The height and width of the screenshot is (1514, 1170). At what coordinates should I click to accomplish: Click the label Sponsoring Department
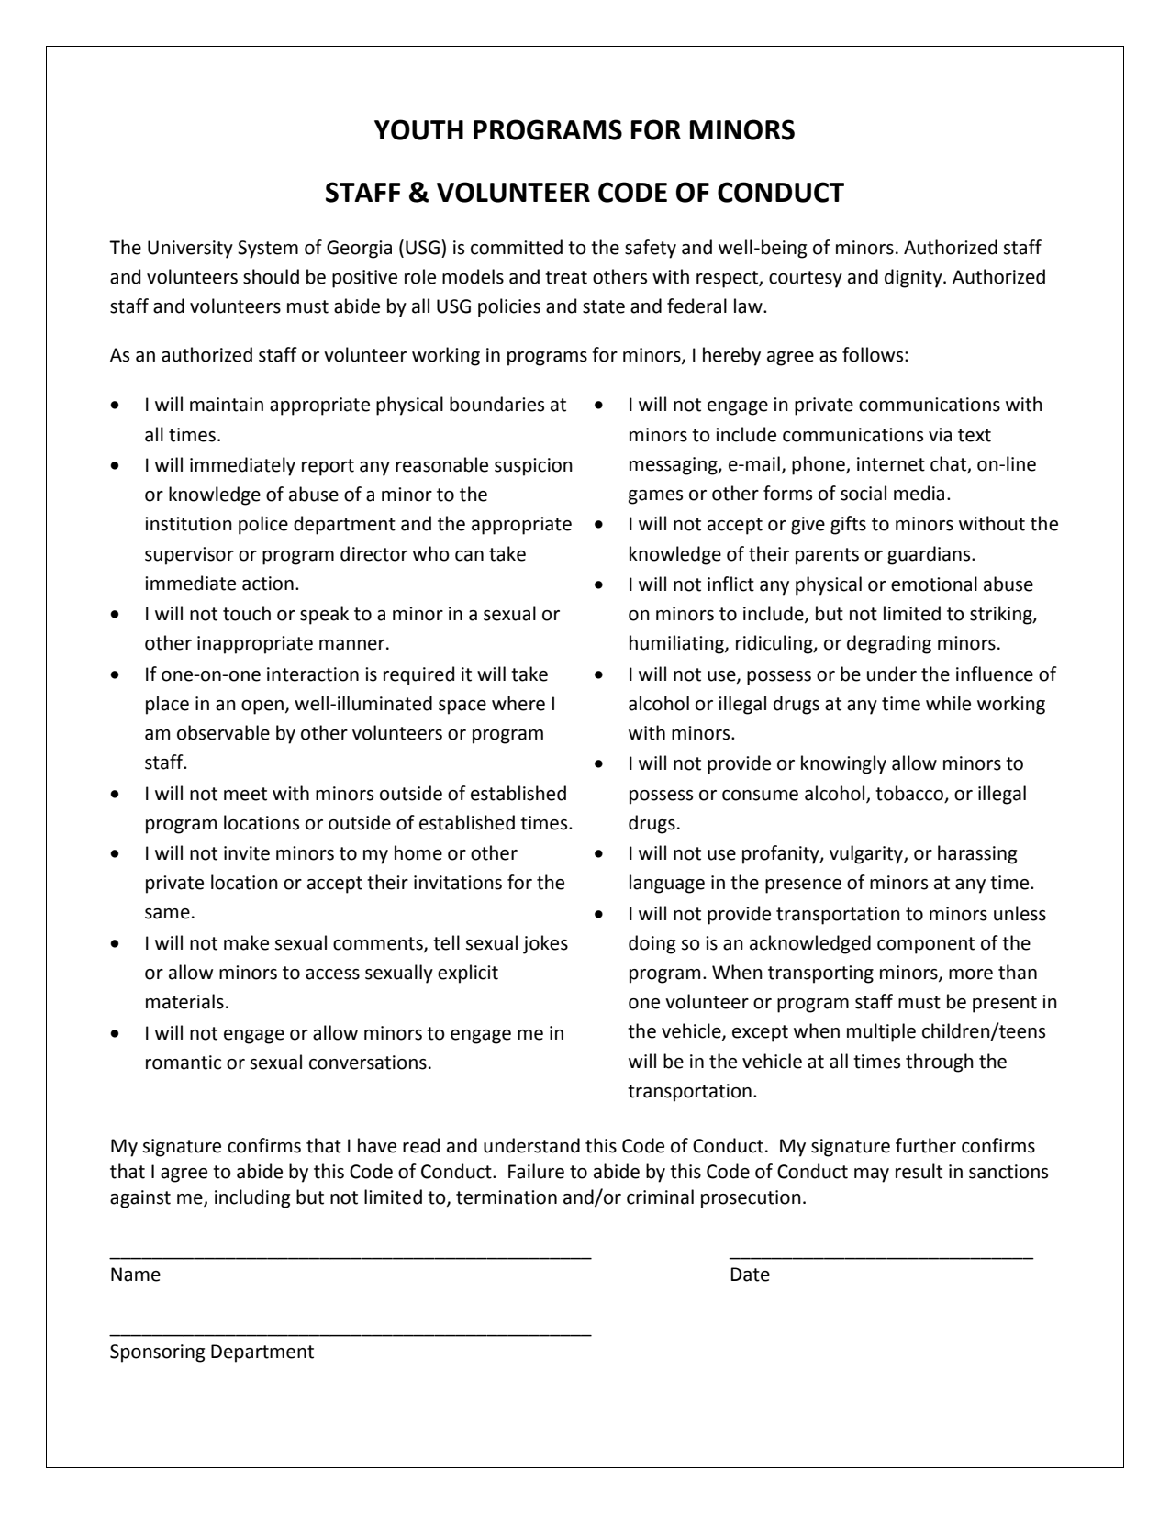[212, 1352]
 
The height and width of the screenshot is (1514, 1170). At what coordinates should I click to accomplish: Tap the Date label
[750, 1275]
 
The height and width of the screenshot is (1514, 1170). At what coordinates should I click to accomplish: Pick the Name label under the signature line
[135, 1275]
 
